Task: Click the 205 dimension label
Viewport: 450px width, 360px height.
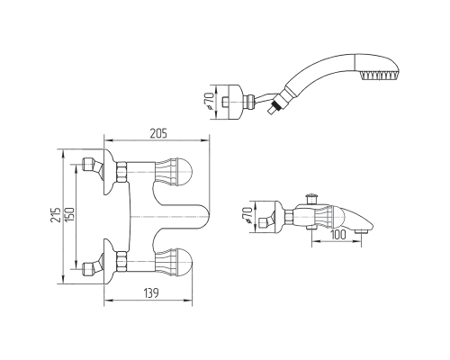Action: (x=158, y=133)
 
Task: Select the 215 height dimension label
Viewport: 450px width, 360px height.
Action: (x=56, y=215)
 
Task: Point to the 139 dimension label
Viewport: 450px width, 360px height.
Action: (x=150, y=292)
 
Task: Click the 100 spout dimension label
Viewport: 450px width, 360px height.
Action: (x=338, y=235)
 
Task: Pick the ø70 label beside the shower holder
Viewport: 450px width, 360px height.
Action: (x=210, y=100)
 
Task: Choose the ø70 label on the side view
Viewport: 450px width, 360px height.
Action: (x=247, y=215)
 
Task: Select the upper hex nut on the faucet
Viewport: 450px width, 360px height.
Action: (x=121, y=172)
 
